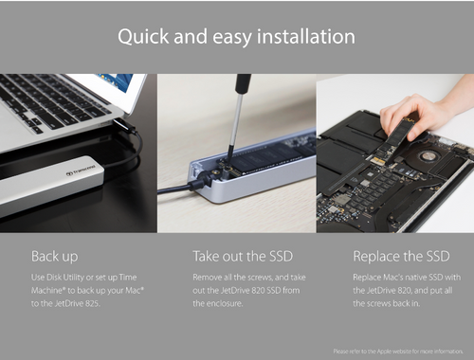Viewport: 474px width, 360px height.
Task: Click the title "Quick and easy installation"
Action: pyautogui.click(x=237, y=37)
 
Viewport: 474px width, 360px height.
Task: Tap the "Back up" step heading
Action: pyautogui.click(x=55, y=256)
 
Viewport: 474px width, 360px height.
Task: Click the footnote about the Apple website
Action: pyautogui.click(x=397, y=351)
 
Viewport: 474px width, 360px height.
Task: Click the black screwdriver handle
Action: pyautogui.click(x=243, y=87)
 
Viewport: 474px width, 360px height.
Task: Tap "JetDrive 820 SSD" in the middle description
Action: pyautogui.click(x=251, y=289)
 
